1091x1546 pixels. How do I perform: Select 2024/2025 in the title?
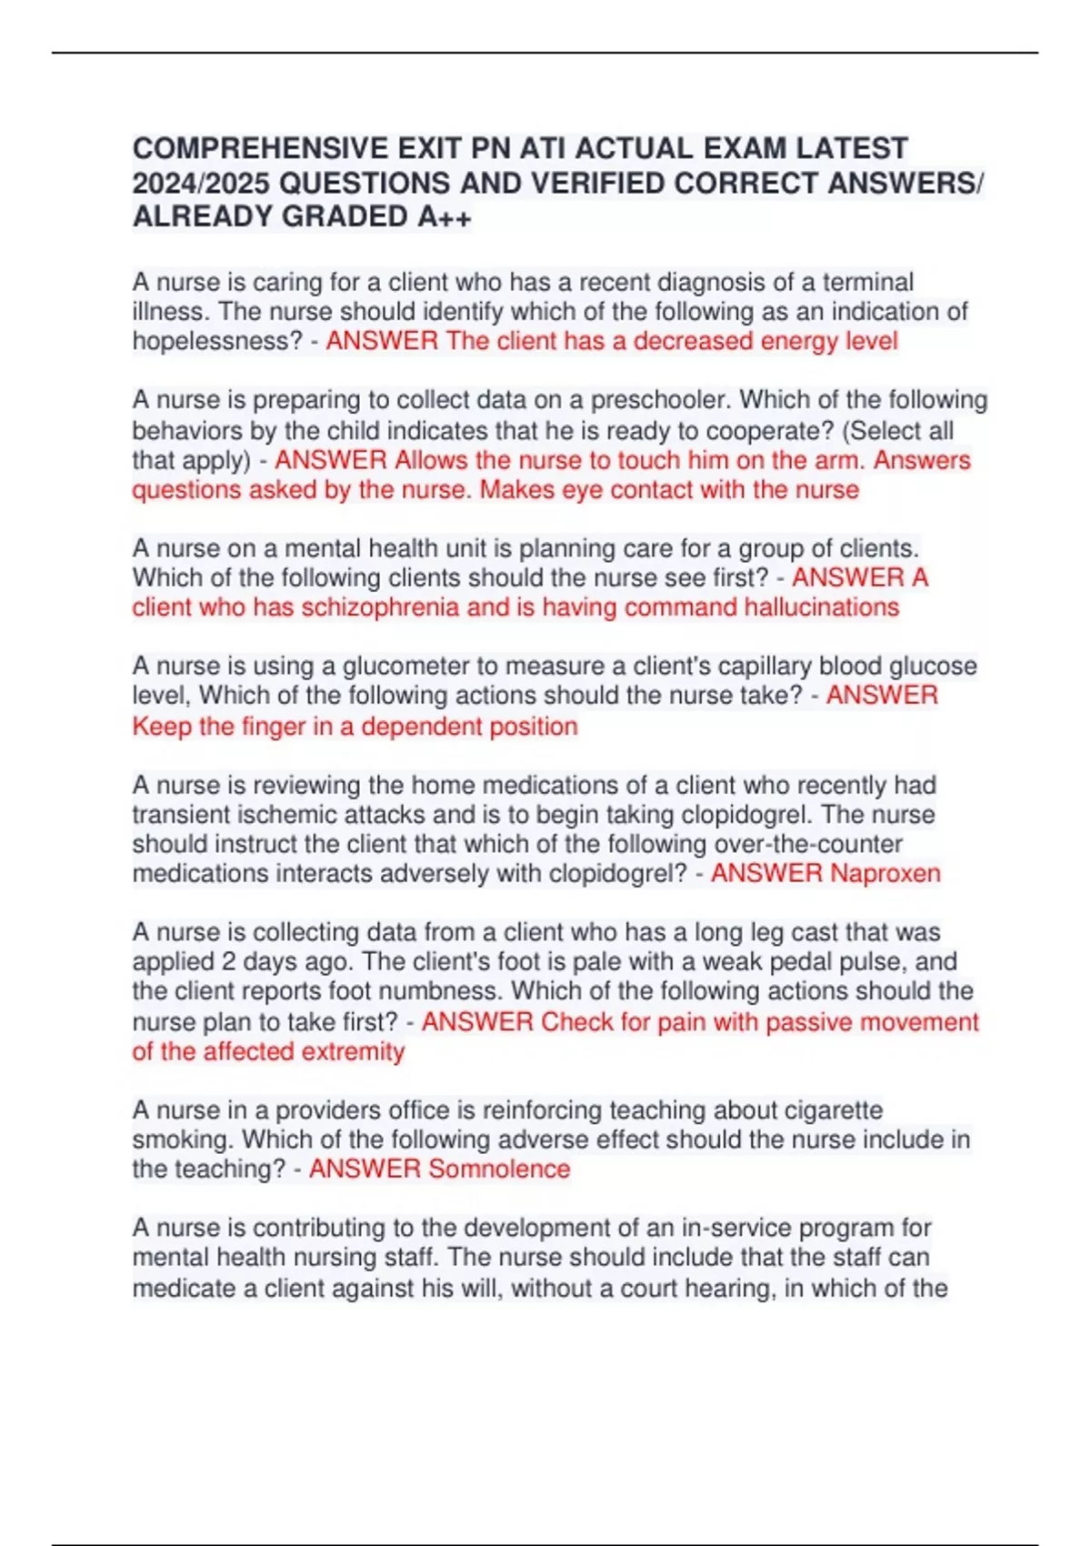pyautogui.click(x=201, y=183)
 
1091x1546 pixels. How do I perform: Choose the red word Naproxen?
pyautogui.click(x=886, y=873)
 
